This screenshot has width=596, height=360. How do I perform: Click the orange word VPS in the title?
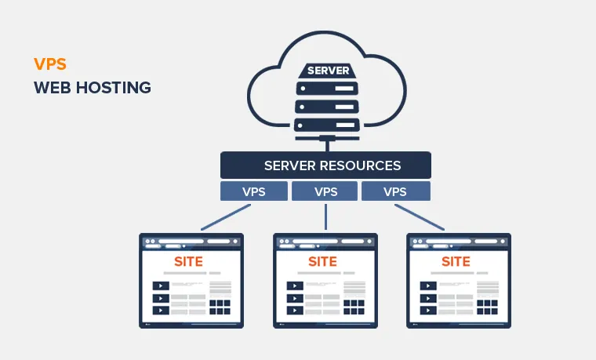[x=49, y=64]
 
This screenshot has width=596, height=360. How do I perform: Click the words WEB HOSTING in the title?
[x=93, y=87]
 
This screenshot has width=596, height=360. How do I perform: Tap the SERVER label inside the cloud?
[x=328, y=71]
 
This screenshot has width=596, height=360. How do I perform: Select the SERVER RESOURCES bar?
[x=325, y=165]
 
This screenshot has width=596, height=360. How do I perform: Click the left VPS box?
[x=254, y=191]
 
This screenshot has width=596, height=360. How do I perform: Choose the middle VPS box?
[x=325, y=191]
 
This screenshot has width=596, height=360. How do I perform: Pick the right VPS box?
[x=395, y=191]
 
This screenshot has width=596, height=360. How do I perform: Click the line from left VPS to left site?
[x=227, y=217]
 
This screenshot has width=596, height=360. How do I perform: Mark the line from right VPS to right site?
[x=420, y=217]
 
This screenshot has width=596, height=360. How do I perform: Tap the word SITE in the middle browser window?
[x=322, y=261]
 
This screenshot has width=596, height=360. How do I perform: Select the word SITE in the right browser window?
[x=456, y=261]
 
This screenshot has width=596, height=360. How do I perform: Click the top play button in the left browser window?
[x=161, y=286]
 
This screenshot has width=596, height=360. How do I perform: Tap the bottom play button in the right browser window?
[x=429, y=311]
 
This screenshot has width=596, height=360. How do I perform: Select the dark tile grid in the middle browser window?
[x=354, y=305]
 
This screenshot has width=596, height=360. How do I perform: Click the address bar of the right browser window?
[x=459, y=241]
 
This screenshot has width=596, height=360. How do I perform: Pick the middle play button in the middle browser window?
[x=295, y=299]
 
